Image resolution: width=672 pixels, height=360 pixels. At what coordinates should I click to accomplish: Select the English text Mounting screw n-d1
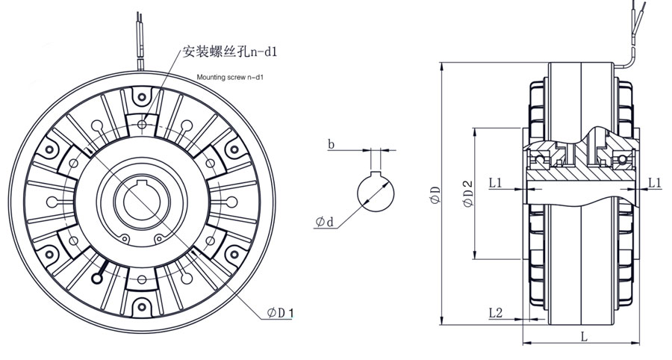(231, 77)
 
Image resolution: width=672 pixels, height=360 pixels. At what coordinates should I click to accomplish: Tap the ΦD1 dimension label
(279, 314)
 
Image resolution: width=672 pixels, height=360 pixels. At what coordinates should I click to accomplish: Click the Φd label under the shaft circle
(325, 222)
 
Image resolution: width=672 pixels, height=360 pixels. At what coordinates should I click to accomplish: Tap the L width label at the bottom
(583, 337)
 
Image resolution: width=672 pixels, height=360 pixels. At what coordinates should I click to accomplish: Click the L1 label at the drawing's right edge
(655, 181)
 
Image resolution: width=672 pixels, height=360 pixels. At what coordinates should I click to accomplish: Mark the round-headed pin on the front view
(98, 278)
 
